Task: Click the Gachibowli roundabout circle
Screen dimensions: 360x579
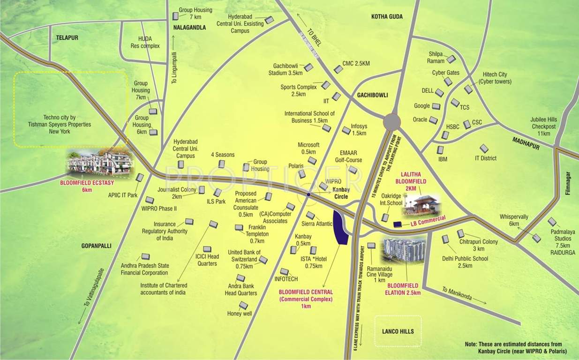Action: coord(391,122)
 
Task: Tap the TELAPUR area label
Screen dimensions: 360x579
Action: coord(67,37)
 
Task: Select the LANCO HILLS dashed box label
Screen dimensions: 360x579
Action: coord(398,331)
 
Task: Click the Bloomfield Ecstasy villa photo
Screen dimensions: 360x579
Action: coord(100,163)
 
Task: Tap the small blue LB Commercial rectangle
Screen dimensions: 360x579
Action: coord(398,225)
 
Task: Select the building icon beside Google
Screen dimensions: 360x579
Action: coord(436,106)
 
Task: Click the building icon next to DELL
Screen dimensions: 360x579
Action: coord(439,92)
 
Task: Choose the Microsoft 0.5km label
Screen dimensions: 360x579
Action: coord(308,148)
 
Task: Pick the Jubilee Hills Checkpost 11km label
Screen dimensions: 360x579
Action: coord(543,127)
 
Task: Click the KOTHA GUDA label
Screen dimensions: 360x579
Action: coord(387,17)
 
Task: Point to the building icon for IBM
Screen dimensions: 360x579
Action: coord(440,150)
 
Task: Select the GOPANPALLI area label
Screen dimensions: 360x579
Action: coord(96,245)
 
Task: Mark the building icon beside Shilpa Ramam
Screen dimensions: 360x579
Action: coord(451,59)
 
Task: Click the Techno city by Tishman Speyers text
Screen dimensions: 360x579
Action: coord(67,125)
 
